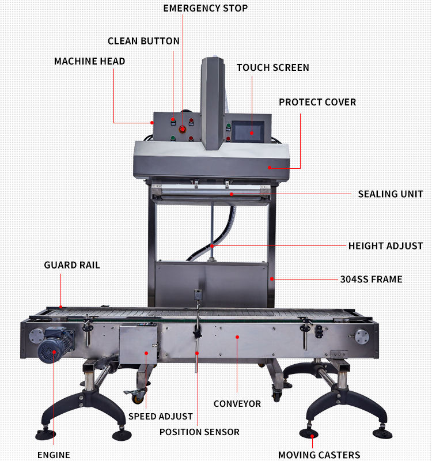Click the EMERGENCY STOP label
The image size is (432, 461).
[x=206, y=8]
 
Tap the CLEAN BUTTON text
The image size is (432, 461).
[x=143, y=41]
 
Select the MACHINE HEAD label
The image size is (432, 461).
[x=90, y=61]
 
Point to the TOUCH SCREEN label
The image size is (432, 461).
[x=273, y=67]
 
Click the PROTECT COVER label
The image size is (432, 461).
[x=317, y=102]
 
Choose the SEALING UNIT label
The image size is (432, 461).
[x=391, y=194]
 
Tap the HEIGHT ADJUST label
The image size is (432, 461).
[x=385, y=246]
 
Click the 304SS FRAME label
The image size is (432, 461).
[x=371, y=279]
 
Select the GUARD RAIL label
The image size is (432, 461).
[x=72, y=265]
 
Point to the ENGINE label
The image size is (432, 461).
[x=54, y=455]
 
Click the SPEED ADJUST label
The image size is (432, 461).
[x=161, y=416]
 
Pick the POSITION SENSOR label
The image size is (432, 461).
[x=199, y=432]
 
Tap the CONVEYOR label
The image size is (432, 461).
[x=237, y=404]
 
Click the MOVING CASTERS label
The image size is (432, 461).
[x=319, y=455]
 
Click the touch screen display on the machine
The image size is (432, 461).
[x=248, y=131]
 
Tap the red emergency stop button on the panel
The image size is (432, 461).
[x=182, y=129]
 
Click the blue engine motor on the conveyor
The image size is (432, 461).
[x=55, y=345]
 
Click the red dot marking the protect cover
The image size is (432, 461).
[x=270, y=168]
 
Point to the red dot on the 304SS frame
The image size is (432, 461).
[x=272, y=279]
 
